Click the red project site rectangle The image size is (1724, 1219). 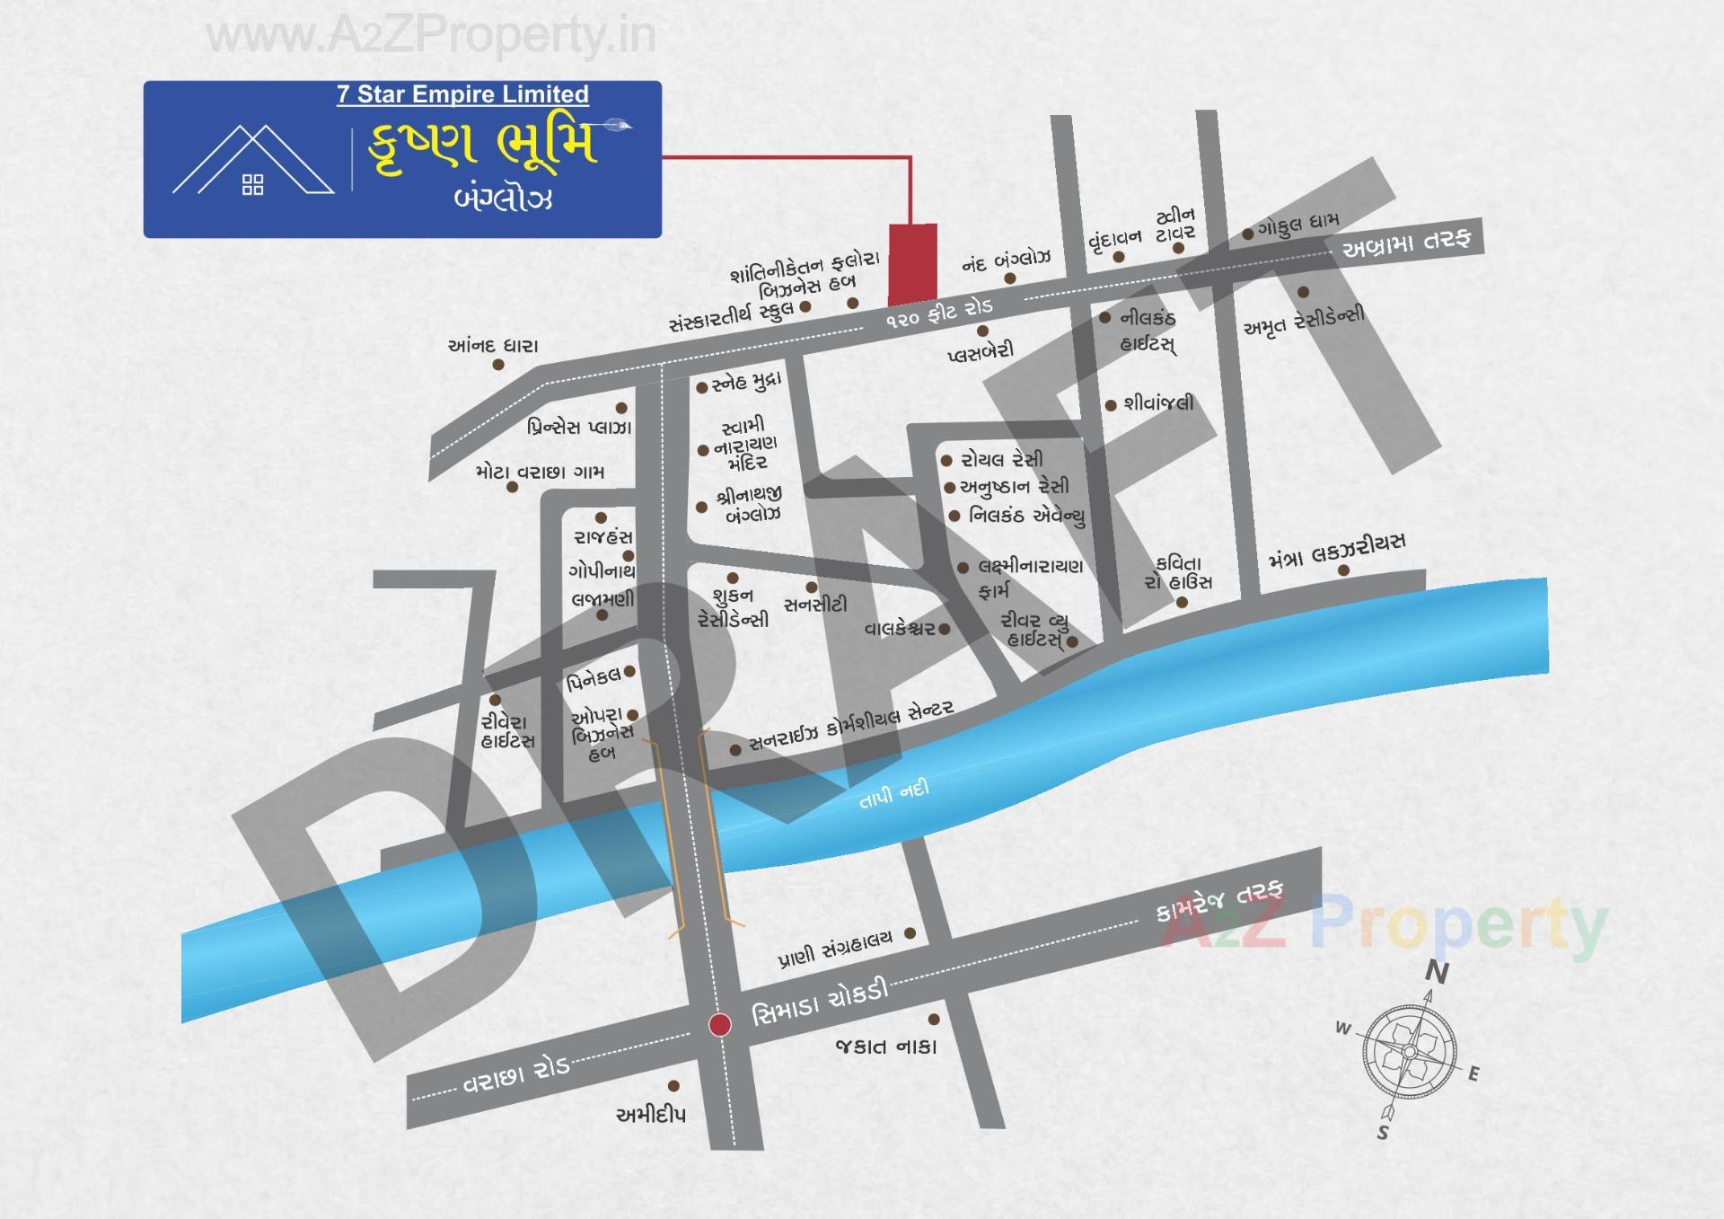pos(912,263)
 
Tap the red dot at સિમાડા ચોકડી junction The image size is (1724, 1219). pos(719,1024)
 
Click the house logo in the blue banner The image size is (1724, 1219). pos(253,163)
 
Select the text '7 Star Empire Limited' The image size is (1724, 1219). pos(462,94)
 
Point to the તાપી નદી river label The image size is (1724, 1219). pos(893,794)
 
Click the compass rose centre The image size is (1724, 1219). pos(1409,1052)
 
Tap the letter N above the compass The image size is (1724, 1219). pos(1437,972)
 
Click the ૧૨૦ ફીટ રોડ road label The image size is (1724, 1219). pos(939,314)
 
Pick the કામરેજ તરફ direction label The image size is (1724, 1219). pos(1219,901)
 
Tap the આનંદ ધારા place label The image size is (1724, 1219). pos(493,346)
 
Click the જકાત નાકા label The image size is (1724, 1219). pos(885,1047)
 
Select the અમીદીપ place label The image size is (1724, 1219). pos(651,1115)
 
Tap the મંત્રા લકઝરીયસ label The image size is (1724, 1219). pos(1337,551)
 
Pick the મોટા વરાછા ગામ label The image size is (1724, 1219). pos(540,472)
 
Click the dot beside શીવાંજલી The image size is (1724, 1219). pos(1111,405)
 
